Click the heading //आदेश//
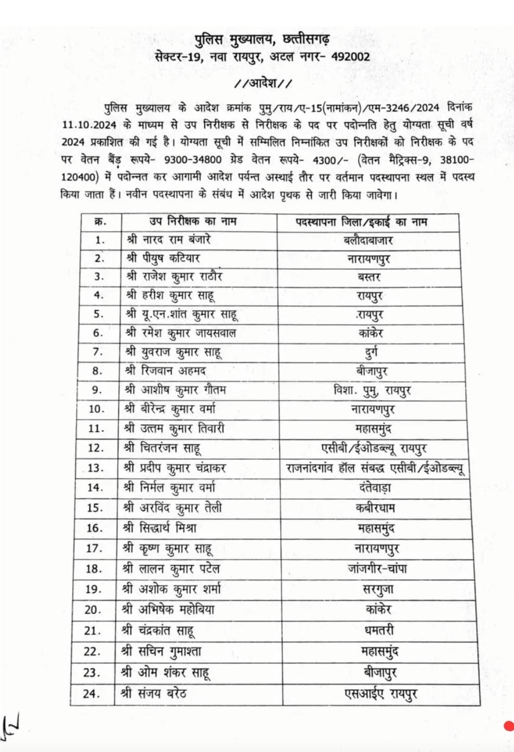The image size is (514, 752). tap(263, 83)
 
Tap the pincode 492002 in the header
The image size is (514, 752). tap(351, 57)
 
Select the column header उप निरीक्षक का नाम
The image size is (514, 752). tap(193, 222)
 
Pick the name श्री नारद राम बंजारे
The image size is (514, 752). tap(168, 240)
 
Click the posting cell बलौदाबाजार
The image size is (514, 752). tap(368, 240)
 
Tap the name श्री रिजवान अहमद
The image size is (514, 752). tap(166, 371)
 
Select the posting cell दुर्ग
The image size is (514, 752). tap(371, 352)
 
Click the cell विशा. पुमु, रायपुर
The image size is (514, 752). tap(372, 390)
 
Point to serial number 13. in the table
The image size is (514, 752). tap(95, 468)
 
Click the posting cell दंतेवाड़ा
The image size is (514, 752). tap(375, 488)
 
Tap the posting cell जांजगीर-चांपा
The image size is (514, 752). tap(377, 569)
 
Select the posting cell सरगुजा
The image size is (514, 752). tap(378, 590)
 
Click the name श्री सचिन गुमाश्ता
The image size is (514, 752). tap(161, 651)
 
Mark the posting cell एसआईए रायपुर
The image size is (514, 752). tap(381, 694)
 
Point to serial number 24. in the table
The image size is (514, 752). tap(91, 693)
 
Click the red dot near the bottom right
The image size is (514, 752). tap(509, 726)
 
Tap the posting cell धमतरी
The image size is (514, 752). tap(379, 631)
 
